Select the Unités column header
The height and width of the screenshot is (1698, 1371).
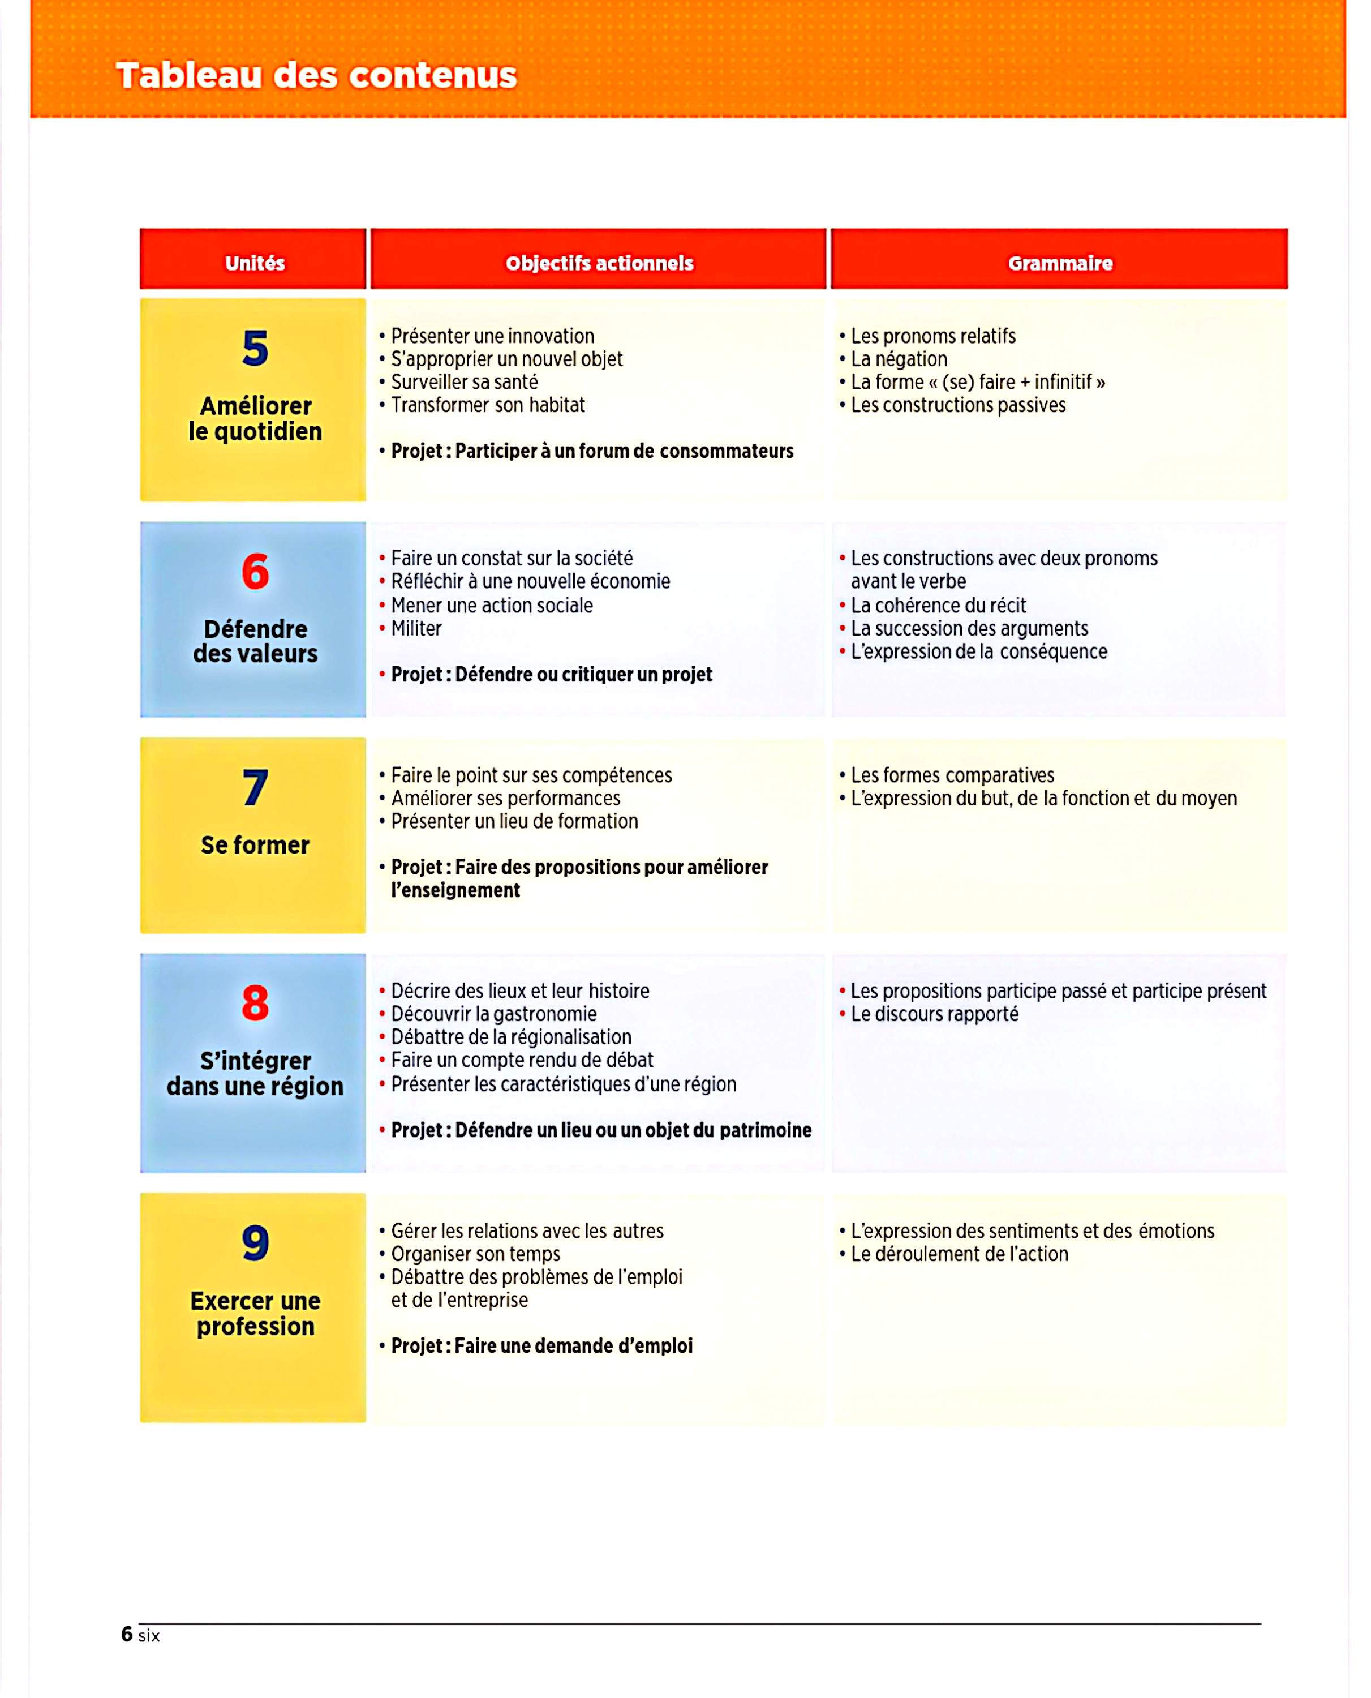coord(254,263)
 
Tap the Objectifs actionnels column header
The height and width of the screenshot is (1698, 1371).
coord(599,263)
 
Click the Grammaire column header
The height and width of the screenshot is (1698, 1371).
coord(1060,263)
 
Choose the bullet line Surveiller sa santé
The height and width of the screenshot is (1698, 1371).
coord(465,382)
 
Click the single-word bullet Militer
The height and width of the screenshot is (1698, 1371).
coord(416,629)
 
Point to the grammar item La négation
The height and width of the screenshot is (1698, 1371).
coord(899,359)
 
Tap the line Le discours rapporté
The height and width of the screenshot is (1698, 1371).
coord(934,1014)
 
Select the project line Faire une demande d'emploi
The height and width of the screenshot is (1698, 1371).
coord(541,1346)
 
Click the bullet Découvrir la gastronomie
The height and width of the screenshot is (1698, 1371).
coord(493,1014)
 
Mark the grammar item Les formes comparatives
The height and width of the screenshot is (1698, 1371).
coord(952,775)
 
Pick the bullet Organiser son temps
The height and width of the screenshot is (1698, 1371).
coord(475,1254)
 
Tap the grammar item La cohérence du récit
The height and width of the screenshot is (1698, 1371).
coord(938,606)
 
